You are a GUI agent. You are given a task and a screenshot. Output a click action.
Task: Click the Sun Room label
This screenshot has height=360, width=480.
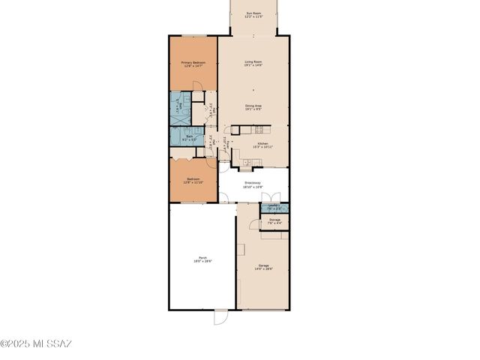point(256,13)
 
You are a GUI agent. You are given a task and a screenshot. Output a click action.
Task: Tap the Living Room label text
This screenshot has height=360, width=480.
point(253,61)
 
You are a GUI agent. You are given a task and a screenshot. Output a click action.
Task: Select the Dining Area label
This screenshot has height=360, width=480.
point(253,106)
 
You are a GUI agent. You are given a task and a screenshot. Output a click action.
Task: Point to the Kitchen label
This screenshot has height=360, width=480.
point(263,142)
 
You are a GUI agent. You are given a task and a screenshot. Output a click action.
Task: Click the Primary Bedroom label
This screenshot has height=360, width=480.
point(193,62)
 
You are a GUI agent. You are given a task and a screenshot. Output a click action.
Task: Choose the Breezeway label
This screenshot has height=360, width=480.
point(252,183)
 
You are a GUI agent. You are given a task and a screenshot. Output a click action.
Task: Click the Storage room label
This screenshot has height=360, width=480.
point(274,220)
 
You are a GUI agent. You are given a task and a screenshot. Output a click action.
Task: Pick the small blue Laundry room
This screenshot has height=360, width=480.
point(274,206)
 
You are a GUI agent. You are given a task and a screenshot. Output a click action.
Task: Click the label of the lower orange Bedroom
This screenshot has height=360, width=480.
point(193,179)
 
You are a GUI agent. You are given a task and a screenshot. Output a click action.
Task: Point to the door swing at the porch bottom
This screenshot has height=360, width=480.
point(220,317)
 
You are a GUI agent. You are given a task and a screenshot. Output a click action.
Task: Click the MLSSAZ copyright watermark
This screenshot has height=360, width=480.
point(36,344)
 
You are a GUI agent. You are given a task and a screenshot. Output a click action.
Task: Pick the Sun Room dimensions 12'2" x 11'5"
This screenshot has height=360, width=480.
point(256,16)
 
